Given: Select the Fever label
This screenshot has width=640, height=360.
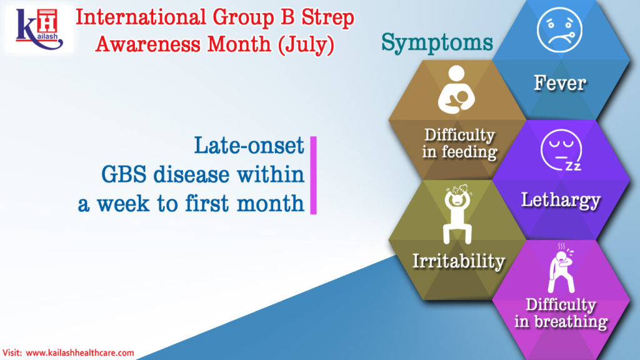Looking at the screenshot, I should [559, 82].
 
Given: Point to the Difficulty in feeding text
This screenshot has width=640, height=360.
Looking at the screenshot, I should [459, 143].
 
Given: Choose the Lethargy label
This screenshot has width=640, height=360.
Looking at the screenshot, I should [561, 200].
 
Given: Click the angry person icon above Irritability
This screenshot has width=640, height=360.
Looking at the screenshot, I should [459, 212].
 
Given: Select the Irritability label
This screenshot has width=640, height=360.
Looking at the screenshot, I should [459, 261].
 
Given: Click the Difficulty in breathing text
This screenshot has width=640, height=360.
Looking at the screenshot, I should [561, 313].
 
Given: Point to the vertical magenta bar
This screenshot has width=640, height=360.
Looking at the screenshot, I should [313, 176].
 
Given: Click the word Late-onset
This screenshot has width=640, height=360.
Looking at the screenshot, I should [249, 146].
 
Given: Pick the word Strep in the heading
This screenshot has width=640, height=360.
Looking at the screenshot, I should [322, 16].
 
